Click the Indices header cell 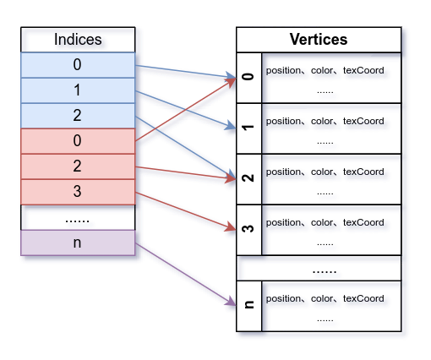tap(77, 40)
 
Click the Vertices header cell tap(319, 40)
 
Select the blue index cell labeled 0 tap(77, 65)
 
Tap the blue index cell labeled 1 tap(77, 90)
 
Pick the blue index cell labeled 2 tap(77, 116)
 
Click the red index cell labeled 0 tap(77, 141)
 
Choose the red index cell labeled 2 tap(77, 166)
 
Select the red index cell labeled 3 tap(77, 192)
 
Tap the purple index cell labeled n tap(77, 243)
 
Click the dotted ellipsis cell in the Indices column tap(77, 217)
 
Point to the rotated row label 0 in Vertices tap(248, 78)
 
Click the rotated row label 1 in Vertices tap(248, 128)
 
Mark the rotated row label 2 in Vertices tap(248, 179)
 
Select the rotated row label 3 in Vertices tap(248, 230)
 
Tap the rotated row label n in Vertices tap(248, 306)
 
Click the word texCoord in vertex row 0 tap(363, 70)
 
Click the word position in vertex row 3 tap(284, 222)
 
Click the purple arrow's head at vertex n tap(232, 303)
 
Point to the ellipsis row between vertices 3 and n tap(325, 270)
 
